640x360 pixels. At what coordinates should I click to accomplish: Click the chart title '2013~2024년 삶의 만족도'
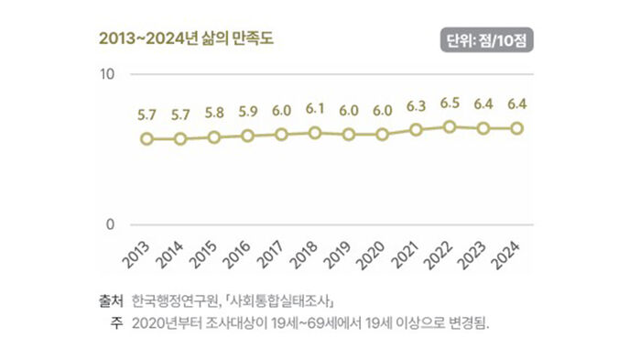pyautogui.click(x=187, y=39)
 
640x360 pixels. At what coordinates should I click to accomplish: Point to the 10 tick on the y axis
pyautogui.click(x=106, y=73)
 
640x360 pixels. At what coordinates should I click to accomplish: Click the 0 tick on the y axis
pyautogui.click(x=110, y=224)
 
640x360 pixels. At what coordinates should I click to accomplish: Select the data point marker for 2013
pyautogui.click(x=146, y=139)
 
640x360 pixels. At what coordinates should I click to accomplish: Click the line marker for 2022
pyautogui.click(x=450, y=126)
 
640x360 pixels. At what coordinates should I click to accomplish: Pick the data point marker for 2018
pyautogui.click(x=315, y=133)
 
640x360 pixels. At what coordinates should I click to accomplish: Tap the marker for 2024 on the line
pyautogui.click(x=517, y=128)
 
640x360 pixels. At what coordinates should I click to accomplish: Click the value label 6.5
pyautogui.click(x=450, y=104)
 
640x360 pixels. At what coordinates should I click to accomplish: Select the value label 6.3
pyautogui.click(x=416, y=107)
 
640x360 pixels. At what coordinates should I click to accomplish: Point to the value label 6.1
pyautogui.click(x=315, y=109)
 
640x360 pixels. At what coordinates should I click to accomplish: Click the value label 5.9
pyautogui.click(x=247, y=113)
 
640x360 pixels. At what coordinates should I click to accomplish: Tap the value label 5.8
pyautogui.click(x=213, y=114)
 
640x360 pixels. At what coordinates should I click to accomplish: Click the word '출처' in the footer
pyautogui.click(x=110, y=300)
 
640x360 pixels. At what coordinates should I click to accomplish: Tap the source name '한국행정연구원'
pyautogui.click(x=172, y=300)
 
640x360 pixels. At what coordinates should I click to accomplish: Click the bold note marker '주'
pyautogui.click(x=116, y=322)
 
